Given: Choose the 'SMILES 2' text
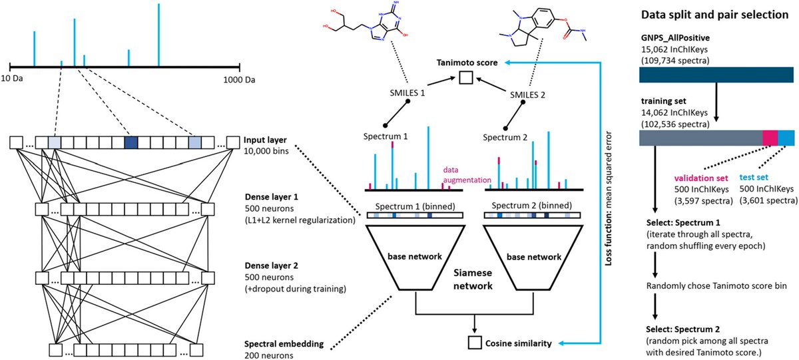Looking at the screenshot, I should [x=526, y=94].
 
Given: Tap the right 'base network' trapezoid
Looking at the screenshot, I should [x=525, y=257].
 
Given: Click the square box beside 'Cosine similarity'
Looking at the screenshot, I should [x=475, y=343].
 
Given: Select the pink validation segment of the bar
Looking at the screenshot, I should [x=770, y=138].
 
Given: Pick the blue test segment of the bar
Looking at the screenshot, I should [x=786, y=138].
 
